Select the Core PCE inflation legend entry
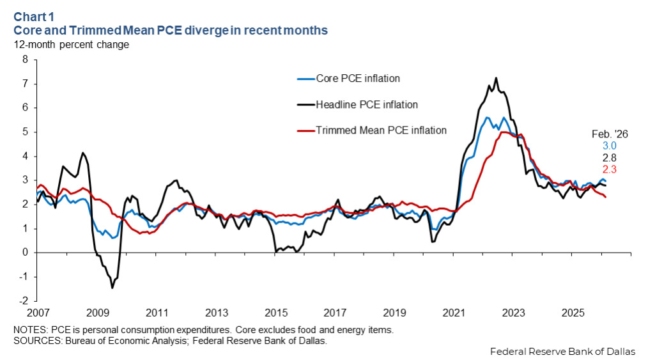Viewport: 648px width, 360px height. point(357,79)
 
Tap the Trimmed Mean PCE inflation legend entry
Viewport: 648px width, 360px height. point(381,130)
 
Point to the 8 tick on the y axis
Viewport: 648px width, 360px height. point(26,59)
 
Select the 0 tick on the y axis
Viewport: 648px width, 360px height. point(26,253)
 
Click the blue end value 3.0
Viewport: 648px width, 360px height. point(609,146)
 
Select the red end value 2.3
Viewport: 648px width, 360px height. point(609,169)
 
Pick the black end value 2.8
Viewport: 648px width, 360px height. point(609,157)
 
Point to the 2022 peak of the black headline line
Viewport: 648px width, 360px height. point(496,78)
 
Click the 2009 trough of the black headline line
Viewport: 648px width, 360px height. point(112,288)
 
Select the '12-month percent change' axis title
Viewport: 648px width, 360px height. point(72,45)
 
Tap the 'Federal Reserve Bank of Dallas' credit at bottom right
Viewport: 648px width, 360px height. point(563,352)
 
